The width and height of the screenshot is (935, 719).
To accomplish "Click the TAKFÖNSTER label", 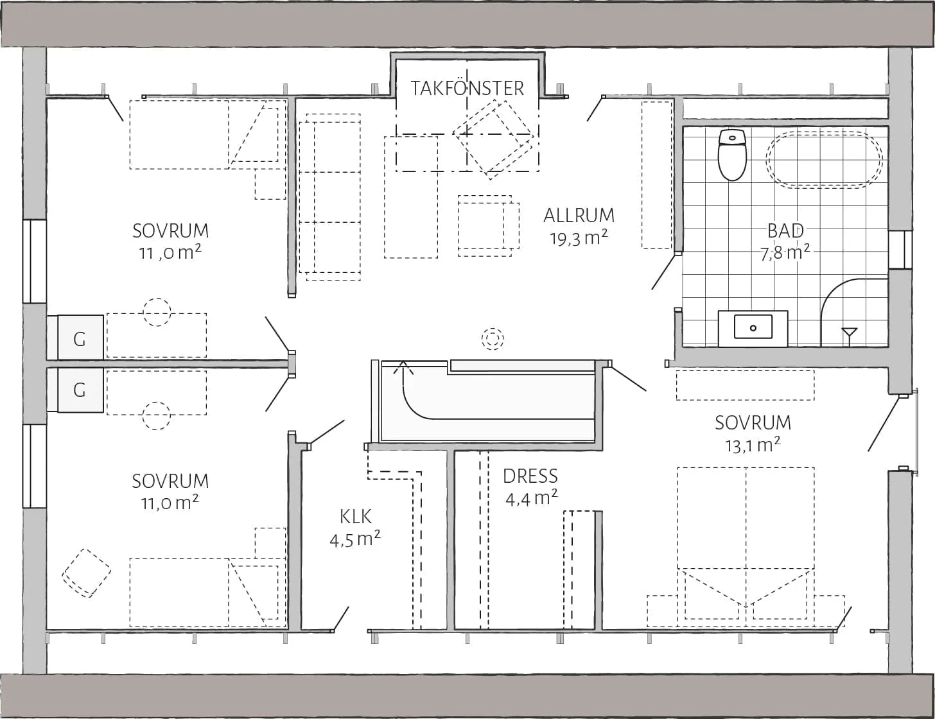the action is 468,89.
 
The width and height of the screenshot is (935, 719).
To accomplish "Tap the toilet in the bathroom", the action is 732,155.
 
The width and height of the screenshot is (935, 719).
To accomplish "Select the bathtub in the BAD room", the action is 824,160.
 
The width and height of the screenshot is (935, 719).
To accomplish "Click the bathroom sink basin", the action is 753,327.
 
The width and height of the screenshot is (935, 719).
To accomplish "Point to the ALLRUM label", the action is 579,216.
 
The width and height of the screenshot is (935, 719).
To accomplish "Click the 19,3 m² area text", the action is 579,238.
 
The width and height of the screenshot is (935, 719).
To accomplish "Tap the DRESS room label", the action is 530,476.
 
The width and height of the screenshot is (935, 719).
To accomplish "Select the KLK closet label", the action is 355,516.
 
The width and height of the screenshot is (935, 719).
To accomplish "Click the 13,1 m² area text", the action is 753,445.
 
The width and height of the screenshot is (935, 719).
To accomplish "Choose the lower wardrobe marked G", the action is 80,390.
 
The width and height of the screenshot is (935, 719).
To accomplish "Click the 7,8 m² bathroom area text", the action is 785,252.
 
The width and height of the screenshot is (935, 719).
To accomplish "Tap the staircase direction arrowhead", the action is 403,367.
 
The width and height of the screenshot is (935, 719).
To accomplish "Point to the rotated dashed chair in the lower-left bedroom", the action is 87,573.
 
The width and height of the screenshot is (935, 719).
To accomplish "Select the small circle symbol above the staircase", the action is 493,338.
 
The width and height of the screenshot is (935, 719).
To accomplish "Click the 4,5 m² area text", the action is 355,539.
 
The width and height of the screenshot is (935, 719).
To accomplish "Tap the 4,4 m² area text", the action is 532,498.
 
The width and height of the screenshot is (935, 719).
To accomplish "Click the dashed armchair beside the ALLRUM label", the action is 488,226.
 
